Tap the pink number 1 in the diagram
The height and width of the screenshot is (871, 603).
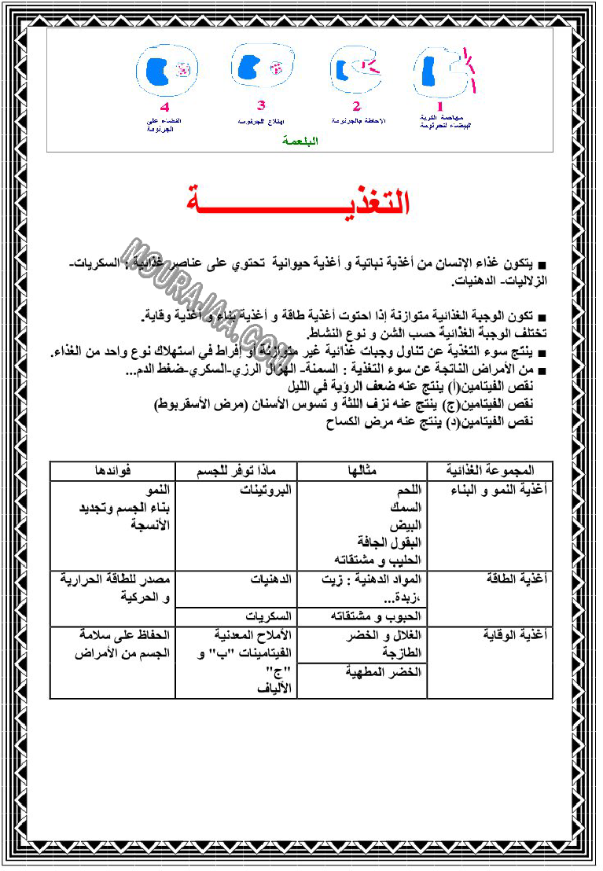point(440,105)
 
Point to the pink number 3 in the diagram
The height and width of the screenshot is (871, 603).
point(261,105)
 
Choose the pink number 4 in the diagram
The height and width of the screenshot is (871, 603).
point(164,107)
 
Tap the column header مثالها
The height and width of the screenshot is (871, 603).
point(362,470)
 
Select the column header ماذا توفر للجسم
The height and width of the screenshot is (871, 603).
point(236,470)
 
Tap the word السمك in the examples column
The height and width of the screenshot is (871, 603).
point(406,507)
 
